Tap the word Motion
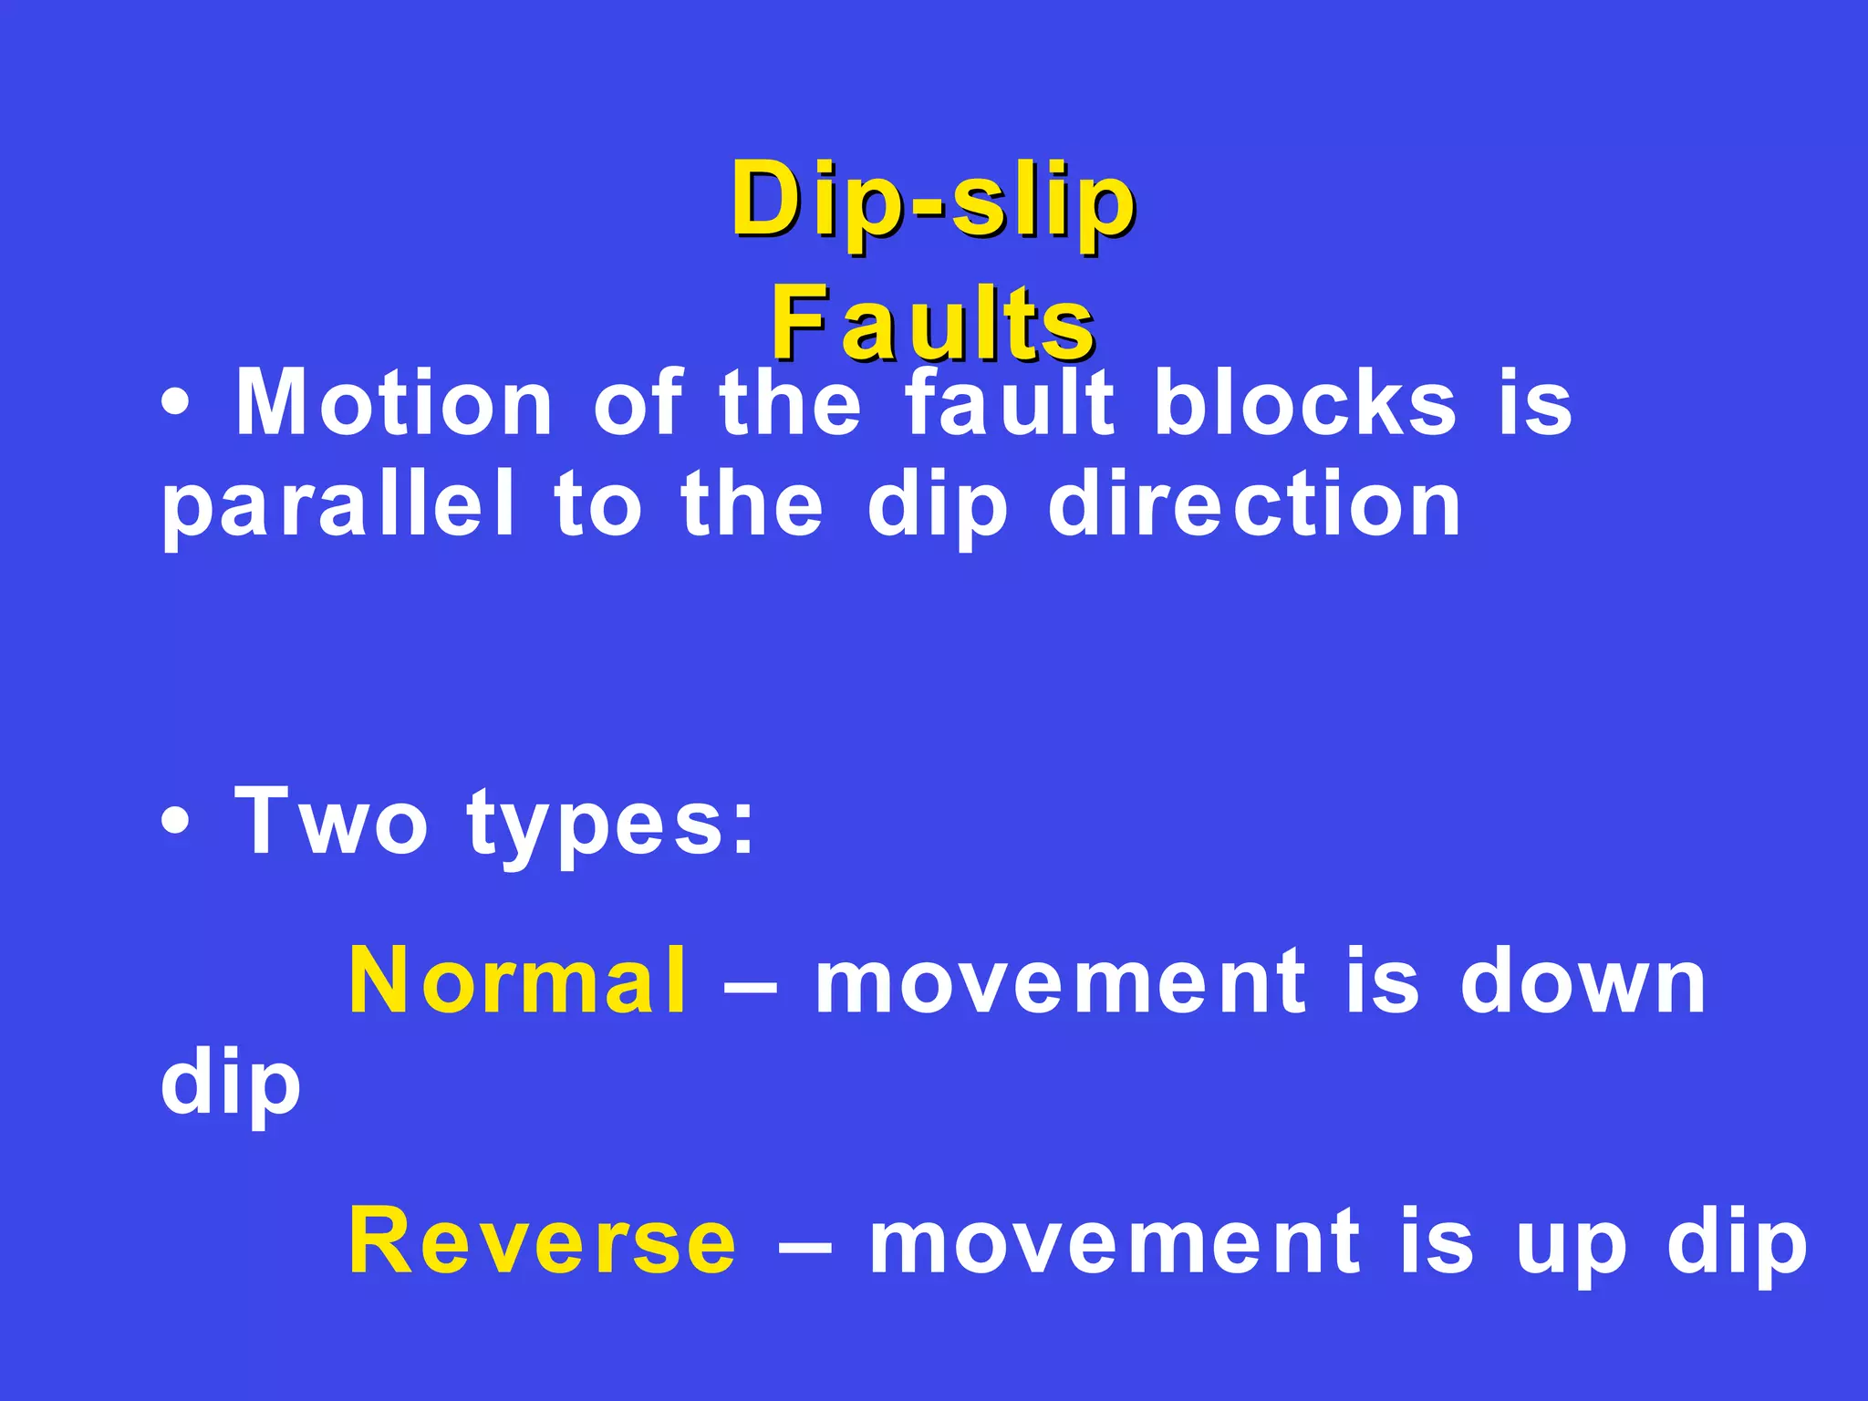[x=394, y=404]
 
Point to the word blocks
[x=1305, y=404]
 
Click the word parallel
[x=337, y=506]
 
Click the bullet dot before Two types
[x=175, y=822]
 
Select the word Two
[x=330, y=822]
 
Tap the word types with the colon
[x=611, y=825]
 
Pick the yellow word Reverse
[x=543, y=1241]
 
